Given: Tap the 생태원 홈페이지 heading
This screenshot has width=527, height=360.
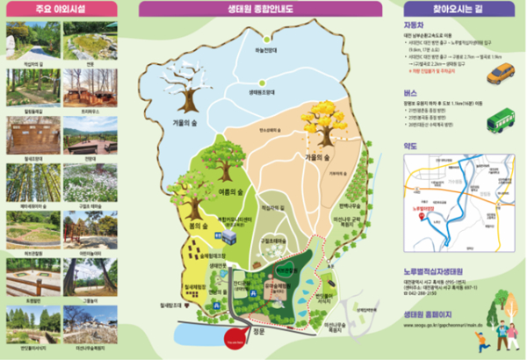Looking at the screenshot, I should pyautogui.click(x=426, y=312).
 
